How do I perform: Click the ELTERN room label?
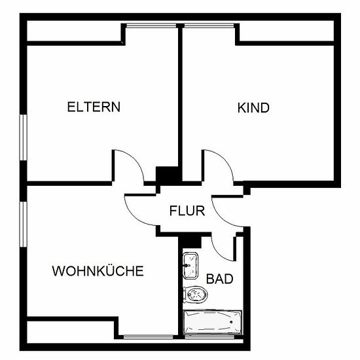pos(94,107)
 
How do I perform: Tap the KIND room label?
pos(253,108)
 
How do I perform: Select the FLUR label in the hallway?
pos(187,211)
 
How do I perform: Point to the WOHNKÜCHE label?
pos(98,271)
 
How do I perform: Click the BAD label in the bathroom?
pos(220,279)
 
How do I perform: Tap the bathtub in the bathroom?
pos(212,322)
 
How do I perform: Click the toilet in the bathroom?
pos(196,295)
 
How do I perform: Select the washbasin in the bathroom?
pos(190,266)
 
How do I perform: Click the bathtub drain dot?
pos(231,322)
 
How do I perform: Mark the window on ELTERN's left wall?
pos(23,137)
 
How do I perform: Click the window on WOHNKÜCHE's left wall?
pos(23,224)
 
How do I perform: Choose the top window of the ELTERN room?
pos(151,26)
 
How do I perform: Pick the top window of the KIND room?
pos(209,26)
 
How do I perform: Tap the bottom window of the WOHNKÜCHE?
pos(148,337)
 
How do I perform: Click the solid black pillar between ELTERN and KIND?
pos(167,175)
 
